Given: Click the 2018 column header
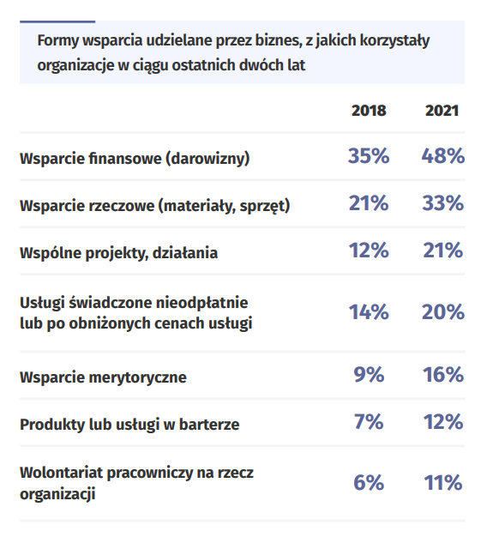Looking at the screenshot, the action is pos(369,111).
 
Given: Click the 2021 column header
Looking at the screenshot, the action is pos(442,111).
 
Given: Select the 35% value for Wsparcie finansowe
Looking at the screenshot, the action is pos(369,156).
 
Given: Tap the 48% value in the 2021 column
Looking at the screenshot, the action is pos(443,156).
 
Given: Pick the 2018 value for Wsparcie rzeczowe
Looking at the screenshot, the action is pos(369,203).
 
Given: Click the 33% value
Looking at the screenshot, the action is pos(443,203).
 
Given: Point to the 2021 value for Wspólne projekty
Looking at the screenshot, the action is pos(443,250).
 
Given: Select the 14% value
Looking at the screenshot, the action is pos(369,312).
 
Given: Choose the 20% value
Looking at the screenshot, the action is pos(443,312).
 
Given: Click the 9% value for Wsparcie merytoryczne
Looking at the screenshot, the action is pos(369,374).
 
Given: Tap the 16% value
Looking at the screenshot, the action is pos(443,374).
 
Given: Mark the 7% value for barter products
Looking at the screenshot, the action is pos(369,421).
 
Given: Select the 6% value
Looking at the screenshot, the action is pos(369,483).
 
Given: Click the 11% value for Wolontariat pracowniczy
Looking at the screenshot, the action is pos(443,483).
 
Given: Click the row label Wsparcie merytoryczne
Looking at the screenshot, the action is pos(103,377).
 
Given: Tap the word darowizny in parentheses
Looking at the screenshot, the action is pos(207,159).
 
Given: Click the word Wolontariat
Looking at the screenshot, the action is pos(61,473).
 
